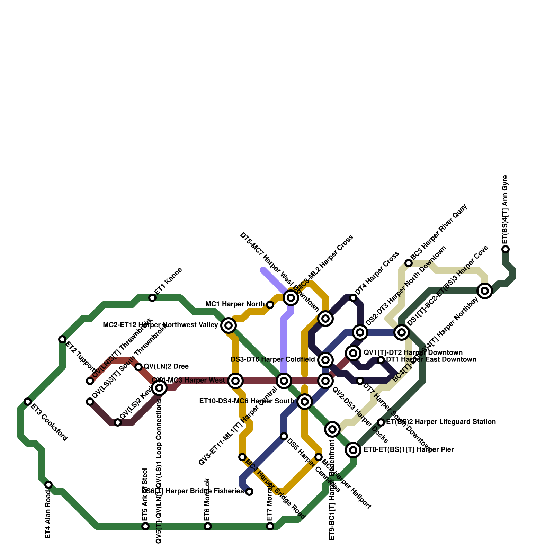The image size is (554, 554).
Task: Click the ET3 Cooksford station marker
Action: click(x=28, y=402)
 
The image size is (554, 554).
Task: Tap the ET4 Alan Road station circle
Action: click(x=48, y=485)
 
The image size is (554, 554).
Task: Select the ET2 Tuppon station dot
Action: click(x=62, y=339)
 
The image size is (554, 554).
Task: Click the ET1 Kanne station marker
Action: click(x=152, y=298)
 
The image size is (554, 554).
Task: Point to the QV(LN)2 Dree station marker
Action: click(x=138, y=367)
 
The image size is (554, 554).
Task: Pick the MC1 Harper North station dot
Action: click(x=270, y=305)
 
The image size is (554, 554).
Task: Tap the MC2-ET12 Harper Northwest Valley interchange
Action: click(x=229, y=325)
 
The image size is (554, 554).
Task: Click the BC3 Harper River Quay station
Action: click(x=409, y=263)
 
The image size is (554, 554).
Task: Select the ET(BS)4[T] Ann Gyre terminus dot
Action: click(x=506, y=249)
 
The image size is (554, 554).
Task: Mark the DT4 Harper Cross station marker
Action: click(x=353, y=298)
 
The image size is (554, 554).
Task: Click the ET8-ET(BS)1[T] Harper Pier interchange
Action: click(x=353, y=450)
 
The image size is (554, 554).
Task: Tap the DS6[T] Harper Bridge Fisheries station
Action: click(x=249, y=492)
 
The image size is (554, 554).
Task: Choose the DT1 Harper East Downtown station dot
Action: click(x=381, y=360)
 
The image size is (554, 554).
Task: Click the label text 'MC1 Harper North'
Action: click(x=235, y=304)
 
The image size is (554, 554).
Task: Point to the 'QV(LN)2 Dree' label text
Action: click(x=166, y=367)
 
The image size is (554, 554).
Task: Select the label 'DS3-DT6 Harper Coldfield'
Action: click(x=273, y=360)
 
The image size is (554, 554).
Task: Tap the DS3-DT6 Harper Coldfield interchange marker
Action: click(x=325, y=360)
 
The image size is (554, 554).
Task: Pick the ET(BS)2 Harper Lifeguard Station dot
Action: click(x=381, y=422)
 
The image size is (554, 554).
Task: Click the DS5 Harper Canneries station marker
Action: click(x=284, y=436)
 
